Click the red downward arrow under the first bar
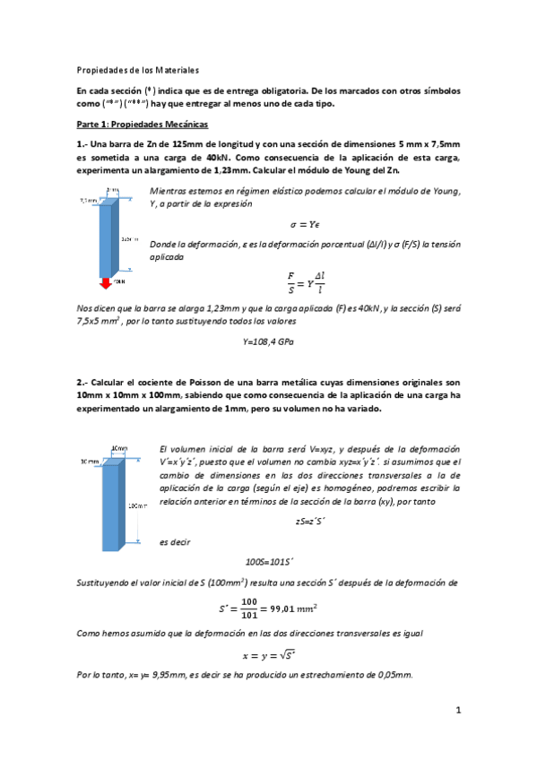(x=105, y=283)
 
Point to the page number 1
(x=457, y=711)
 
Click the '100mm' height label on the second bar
(x=138, y=505)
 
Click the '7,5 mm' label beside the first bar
(x=88, y=200)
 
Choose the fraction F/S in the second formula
(x=290, y=283)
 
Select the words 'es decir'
(x=174, y=541)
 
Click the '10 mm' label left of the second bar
(x=88, y=462)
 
